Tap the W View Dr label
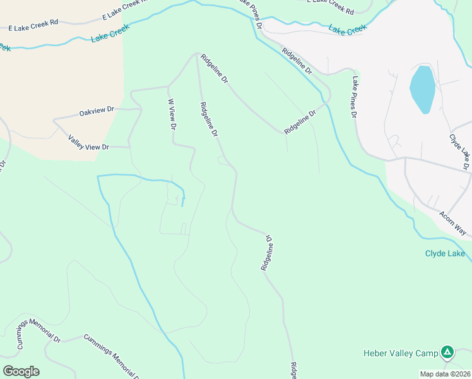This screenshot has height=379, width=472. (x=171, y=114)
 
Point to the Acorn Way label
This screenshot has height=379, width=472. (x=452, y=221)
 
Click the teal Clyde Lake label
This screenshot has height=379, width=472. (x=445, y=254)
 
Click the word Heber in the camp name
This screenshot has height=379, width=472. (x=377, y=352)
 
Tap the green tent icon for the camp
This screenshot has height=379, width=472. (x=447, y=352)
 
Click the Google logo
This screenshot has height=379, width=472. (x=21, y=371)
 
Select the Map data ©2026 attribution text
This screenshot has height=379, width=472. (x=445, y=374)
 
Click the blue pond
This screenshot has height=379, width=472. (x=422, y=88)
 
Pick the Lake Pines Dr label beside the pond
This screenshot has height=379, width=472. (x=355, y=97)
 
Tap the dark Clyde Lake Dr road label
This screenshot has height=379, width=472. (x=459, y=152)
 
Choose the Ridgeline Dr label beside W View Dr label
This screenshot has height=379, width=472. (x=209, y=120)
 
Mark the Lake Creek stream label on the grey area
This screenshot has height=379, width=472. (x=347, y=29)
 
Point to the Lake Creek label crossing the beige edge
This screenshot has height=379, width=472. (x=110, y=33)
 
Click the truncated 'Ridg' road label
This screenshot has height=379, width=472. (x=293, y=370)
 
